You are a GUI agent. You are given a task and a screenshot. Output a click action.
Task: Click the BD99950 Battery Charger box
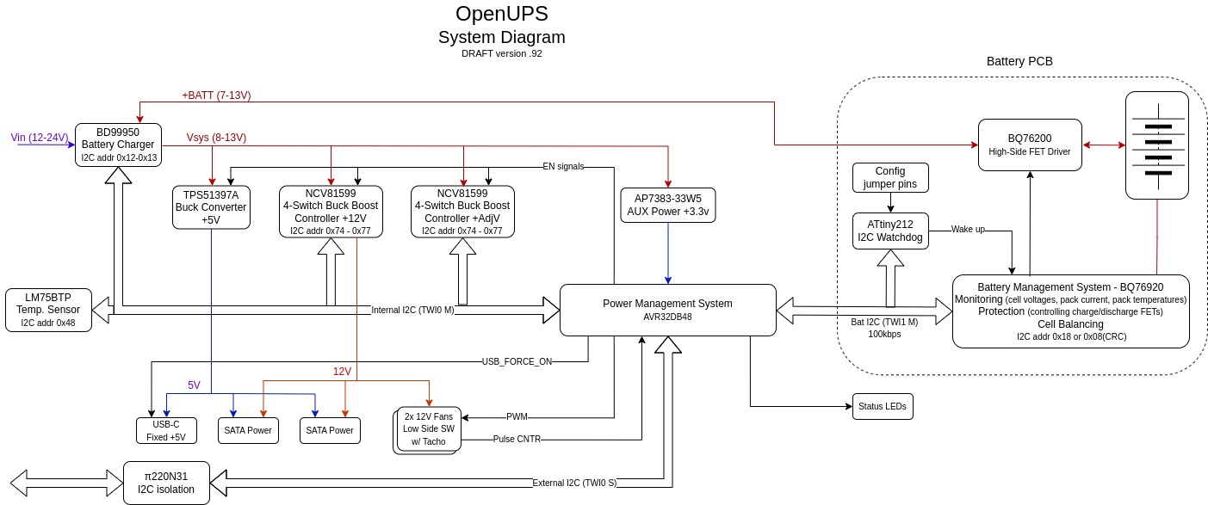(118, 145)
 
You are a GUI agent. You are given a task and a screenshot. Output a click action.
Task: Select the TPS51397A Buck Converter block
(211, 207)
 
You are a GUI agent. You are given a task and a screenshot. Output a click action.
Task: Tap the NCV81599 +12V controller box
(331, 212)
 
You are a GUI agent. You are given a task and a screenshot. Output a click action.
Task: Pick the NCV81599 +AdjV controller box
(462, 212)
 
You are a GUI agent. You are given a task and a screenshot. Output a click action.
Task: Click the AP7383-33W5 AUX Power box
(667, 205)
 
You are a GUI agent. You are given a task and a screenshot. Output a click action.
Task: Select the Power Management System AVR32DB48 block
(667, 310)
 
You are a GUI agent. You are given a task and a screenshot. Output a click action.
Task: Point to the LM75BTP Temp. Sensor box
(48, 310)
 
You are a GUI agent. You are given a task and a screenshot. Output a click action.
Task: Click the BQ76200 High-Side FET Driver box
(1030, 145)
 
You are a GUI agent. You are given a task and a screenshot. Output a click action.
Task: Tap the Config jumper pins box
(890, 177)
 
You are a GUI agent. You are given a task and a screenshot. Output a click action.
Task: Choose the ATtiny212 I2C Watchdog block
(890, 231)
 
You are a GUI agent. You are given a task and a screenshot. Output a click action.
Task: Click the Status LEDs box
(883, 406)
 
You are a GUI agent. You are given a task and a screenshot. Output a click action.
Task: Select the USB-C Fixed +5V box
(166, 430)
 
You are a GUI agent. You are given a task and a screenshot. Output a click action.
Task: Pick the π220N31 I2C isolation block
(166, 483)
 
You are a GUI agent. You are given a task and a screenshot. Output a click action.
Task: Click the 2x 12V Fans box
(429, 428)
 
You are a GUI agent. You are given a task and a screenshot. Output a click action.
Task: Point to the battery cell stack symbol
(1157, 145)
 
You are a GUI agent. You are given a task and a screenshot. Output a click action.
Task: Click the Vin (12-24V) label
(40, 138)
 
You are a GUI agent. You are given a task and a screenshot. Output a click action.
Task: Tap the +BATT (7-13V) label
(216, 95)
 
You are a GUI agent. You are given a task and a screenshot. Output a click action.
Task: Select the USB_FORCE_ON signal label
(517, 361)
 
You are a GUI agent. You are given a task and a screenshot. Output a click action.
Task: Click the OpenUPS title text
(501, 14)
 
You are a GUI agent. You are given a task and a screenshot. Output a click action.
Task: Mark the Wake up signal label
(968, 230)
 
